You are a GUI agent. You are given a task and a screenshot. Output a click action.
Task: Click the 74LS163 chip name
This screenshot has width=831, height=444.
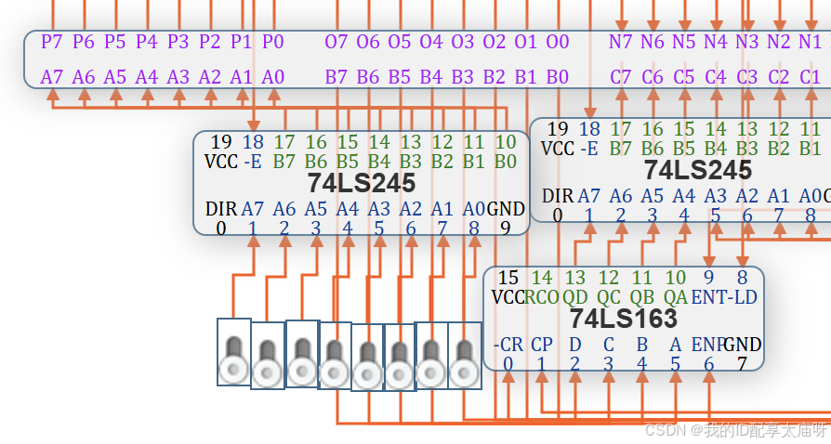pyautogui.click(x=624, y=320)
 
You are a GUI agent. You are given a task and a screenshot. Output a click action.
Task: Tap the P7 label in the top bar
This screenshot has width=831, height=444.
pyautogui.click(x=52, y=42)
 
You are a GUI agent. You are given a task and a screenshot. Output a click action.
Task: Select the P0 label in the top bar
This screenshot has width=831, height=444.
pyautogui.click(x=272, y=42)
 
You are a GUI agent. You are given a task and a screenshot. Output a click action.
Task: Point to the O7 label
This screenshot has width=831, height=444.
pyautogui.click(x=336, y=42)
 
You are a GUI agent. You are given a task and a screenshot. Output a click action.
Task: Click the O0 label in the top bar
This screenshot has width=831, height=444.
pyautogui.click(x=557, y=42)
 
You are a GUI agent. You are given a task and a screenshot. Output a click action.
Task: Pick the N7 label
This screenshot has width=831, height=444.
pyautogui.click(x=621, y=42)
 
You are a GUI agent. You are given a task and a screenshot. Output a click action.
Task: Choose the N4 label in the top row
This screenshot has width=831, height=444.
pyautogui.click(x=716, y=42)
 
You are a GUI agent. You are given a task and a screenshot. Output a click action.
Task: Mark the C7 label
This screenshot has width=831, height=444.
pyautogui.click(x=621, y=76)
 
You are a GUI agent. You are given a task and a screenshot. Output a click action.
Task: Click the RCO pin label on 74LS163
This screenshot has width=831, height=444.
pyautogui.click(x=542, y=297)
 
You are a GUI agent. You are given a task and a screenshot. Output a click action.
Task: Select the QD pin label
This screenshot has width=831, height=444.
pyautogui.click(x=575, y=297)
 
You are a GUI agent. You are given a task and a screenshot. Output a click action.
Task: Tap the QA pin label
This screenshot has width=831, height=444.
pyautogui.click(x=676, y=297)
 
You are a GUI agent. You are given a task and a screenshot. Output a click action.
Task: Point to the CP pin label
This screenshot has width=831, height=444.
pyautogui.click(x=542, y=345)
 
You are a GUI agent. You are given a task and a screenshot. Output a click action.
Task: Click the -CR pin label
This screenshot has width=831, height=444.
pyautogui.click(x=508, y=345)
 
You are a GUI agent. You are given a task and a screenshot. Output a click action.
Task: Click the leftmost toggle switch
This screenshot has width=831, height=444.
pyautogui.click(x=233, y=353)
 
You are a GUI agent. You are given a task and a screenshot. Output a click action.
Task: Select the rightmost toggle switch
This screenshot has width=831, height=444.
pyautogui.click(x=465, y=357)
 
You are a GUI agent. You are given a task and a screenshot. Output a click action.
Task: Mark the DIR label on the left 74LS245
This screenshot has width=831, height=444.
pyautogui.click(x=221, y=209)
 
